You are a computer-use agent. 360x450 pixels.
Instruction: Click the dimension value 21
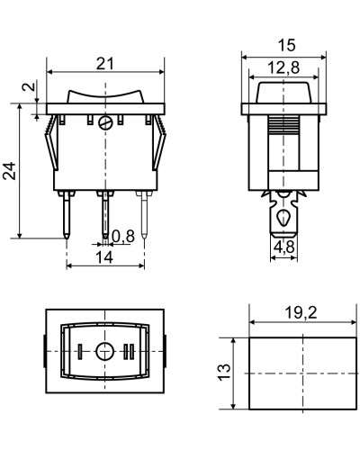pos(105,64)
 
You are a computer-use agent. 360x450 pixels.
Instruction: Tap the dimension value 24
pos(10,171)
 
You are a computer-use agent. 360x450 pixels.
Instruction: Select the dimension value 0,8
pos(123,237)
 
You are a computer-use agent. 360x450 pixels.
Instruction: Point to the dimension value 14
pos(104,257)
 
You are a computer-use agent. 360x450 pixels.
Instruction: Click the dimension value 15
pos(286,45)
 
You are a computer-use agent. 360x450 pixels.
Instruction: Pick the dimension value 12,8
pos(283,67)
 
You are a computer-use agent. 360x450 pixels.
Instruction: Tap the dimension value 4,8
pos(284,247)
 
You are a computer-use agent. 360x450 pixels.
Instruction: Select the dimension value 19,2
pos(301,313)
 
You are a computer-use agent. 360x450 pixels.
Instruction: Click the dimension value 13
pos(224,373)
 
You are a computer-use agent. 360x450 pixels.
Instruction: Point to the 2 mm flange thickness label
pos(29,86)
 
